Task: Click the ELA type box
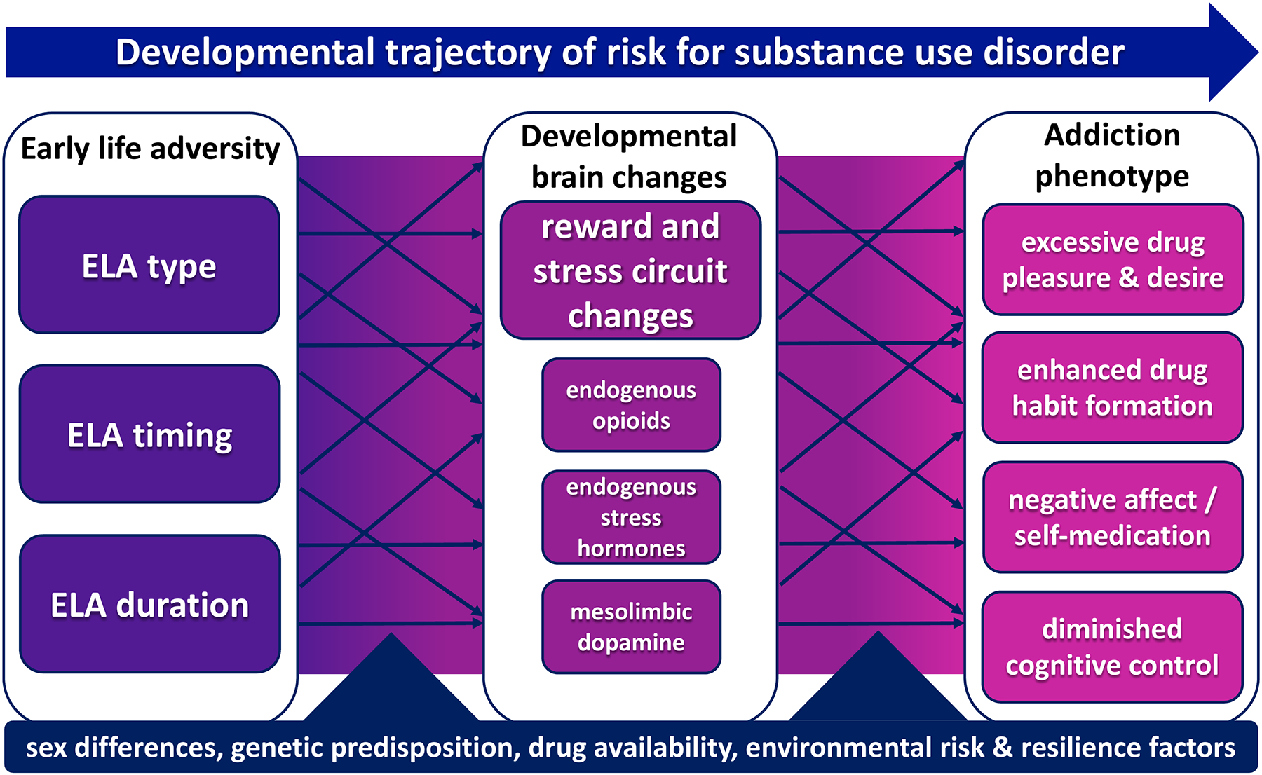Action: click(x=149, y=265)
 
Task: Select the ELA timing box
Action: click(x=149, y=434)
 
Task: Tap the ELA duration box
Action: click(x=149, y=604)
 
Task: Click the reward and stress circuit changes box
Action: click(x=630, y=270)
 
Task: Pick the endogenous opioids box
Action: click(x=631, y=405)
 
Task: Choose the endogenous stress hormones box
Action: click(x=631, y=517)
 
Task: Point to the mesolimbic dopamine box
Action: click(x=631, y=627)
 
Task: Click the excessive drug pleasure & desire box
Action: click(x=1113, y=259)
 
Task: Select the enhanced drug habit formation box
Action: click(x=1113, y=387)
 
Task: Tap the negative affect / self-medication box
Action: click(x=1113, y=517)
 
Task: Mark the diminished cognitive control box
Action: click(x=1113, y=647)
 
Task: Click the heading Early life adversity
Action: click(x=150, y=149)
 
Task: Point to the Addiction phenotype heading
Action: click(x=1112, y=156)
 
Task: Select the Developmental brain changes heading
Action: click(x=629, y=157)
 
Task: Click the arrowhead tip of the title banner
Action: click(x=1258, y=53)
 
